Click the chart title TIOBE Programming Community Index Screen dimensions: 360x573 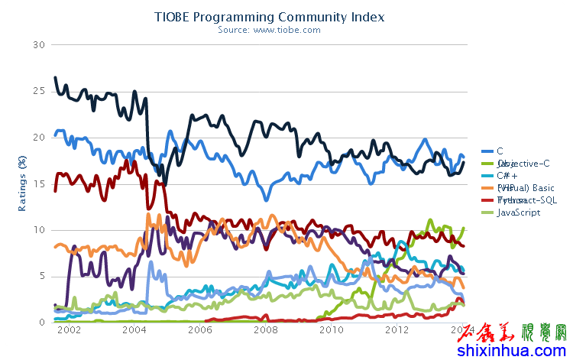pos(269,17)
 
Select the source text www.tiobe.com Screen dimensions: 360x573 pos(269,30)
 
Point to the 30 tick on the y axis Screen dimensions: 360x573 pos(40,45)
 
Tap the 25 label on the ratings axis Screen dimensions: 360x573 pos(40,92)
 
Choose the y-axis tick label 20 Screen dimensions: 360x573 pos(40,138)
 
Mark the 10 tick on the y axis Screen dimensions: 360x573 pos(40,230)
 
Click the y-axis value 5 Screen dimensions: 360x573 pos(42,276)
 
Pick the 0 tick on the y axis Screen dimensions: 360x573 pos(42,322)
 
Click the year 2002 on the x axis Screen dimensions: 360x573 pos(69,330)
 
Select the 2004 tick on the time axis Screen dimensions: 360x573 pos(134,330)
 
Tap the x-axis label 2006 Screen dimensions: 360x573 pos(200,330)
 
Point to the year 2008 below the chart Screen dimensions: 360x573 pos(266,330)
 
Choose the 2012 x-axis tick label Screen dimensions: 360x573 pos(397,330)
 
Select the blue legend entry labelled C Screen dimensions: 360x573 pos(500,151)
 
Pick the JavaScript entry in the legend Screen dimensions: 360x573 pos(519,212)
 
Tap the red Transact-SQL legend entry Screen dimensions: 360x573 pos(525,199)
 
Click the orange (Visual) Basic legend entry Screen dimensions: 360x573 pos(526,187)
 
